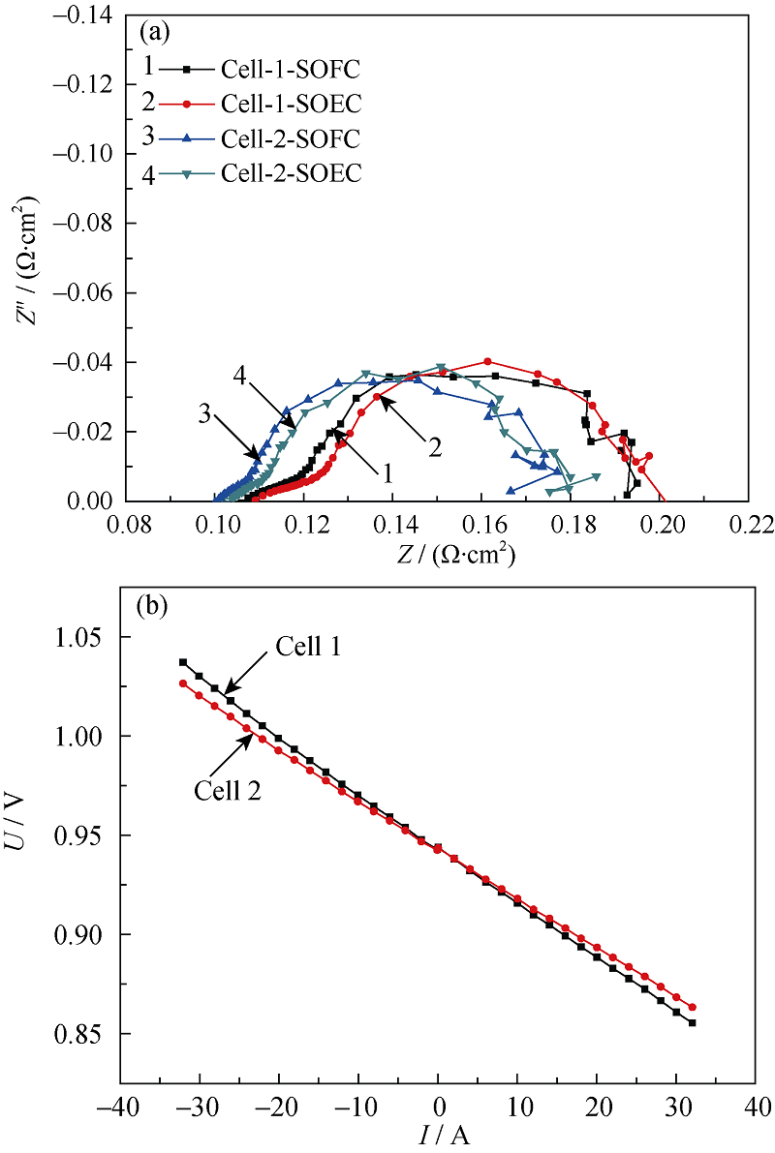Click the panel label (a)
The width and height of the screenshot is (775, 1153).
coord(155,33)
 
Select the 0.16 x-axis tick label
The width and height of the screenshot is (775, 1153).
coord(484,526)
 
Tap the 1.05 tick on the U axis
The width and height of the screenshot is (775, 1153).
coord(81,638)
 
